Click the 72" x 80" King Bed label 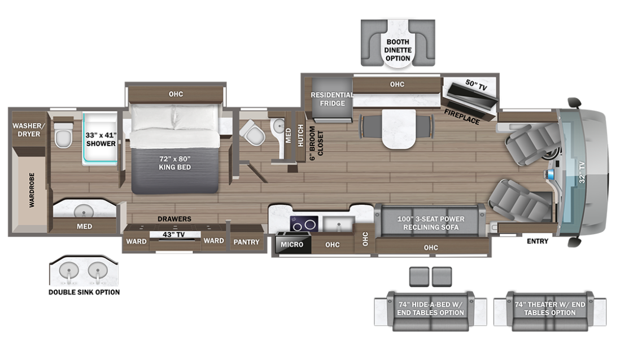click(x=174, y=163)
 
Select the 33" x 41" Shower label click(x=101, y=139)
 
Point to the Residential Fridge click(x=332, y=99)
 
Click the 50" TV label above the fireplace click(x=475, y=83)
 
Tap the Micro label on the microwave click(x=292, y=244)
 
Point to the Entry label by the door click(x=538, y=242)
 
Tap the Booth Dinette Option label click(x=398, y=50)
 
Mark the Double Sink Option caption click(x=84, y=292)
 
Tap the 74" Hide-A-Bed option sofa click(x=431, y=309)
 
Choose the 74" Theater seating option click(x=549, y=309)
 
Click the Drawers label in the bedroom click(x=174, y=219)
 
